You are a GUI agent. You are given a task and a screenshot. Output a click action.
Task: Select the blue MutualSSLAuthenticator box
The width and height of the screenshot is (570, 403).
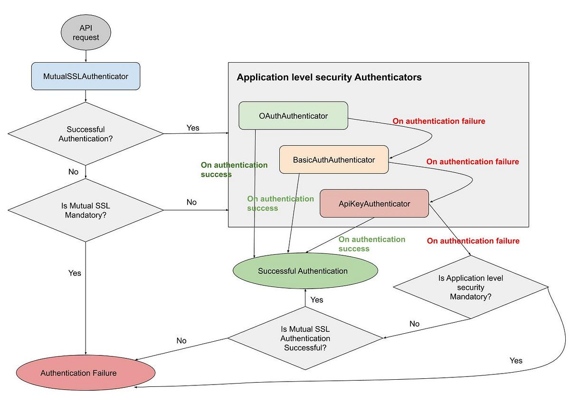85,76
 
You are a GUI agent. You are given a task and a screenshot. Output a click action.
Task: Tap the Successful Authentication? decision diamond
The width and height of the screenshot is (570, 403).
85,133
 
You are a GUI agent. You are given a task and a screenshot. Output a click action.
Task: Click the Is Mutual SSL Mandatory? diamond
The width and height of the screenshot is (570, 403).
85,210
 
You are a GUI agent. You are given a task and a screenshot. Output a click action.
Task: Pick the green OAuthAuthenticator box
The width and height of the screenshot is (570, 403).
293,115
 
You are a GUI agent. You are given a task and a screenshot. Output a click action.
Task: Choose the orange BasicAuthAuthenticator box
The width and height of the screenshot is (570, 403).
333,159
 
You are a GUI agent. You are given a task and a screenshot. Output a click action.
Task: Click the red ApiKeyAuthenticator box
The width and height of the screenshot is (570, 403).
374,204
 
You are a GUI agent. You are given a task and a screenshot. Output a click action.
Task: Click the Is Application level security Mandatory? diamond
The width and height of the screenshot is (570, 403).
470,287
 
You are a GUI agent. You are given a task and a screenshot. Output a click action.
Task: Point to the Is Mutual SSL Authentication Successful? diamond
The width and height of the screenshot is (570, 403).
305,338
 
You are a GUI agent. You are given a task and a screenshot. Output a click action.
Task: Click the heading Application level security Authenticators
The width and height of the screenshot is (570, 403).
329,77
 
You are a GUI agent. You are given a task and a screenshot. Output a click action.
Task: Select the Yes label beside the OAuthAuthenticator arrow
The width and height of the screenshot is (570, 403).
193,128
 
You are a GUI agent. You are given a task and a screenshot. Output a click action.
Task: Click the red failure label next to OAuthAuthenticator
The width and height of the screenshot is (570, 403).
438,121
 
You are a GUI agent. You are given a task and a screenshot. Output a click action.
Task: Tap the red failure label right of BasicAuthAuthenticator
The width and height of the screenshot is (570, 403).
472,161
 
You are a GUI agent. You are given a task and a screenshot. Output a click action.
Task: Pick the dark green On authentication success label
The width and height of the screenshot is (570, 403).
234,169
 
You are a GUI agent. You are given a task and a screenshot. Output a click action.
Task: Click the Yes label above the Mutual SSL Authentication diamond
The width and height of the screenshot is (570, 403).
316,300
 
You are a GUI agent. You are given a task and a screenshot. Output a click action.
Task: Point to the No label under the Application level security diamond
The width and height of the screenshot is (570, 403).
414,323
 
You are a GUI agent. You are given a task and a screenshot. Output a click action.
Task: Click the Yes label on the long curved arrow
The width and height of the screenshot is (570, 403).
516,360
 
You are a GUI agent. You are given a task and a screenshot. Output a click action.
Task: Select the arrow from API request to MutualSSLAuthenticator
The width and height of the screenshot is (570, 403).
85,56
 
